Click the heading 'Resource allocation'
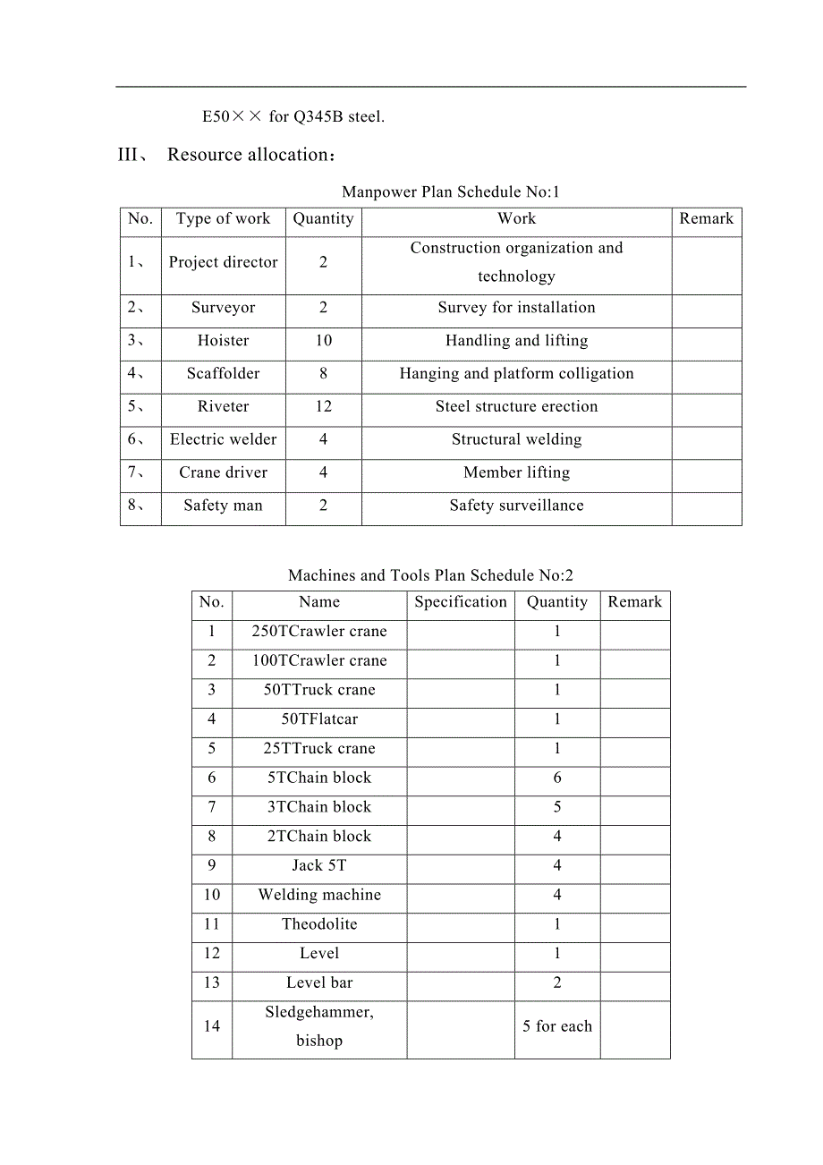point(249,155)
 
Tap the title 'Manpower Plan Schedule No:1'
point(450,191)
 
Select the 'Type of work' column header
point(223,218)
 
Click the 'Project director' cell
point(223,262)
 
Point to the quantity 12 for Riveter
point(323,406)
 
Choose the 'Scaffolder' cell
point(223,373)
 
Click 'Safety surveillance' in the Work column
point(516,506)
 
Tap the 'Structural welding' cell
point(516,439)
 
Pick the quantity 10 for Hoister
point(323,340)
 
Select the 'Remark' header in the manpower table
point(706,218)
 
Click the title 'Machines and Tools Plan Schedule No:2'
point(430,575)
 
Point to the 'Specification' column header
point(461,602)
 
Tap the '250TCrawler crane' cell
point(319,631)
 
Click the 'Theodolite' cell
point(319,924)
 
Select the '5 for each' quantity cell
point(557,1026)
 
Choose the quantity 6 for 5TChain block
point(557,778)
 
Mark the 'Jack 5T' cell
point(319,865)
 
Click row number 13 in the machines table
point(211,982)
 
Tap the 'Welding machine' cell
point(319,895)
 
